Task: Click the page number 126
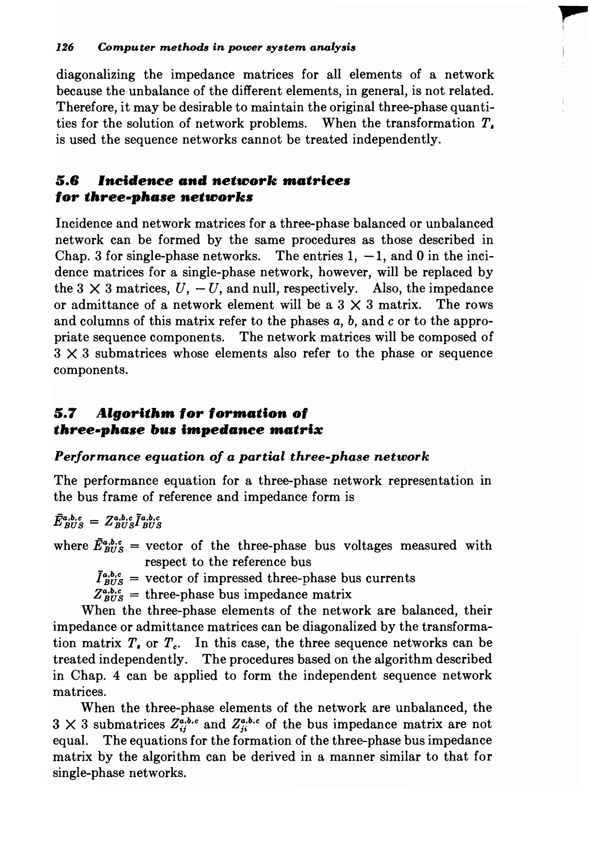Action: (x=65, y=47)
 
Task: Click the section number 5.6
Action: (x=67, y=181)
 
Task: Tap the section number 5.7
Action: (x=66, y=413)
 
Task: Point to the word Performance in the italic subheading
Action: (x=97, y=457)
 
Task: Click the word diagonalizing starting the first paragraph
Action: (x=95, y=75)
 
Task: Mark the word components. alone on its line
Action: (x=91, y=370)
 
